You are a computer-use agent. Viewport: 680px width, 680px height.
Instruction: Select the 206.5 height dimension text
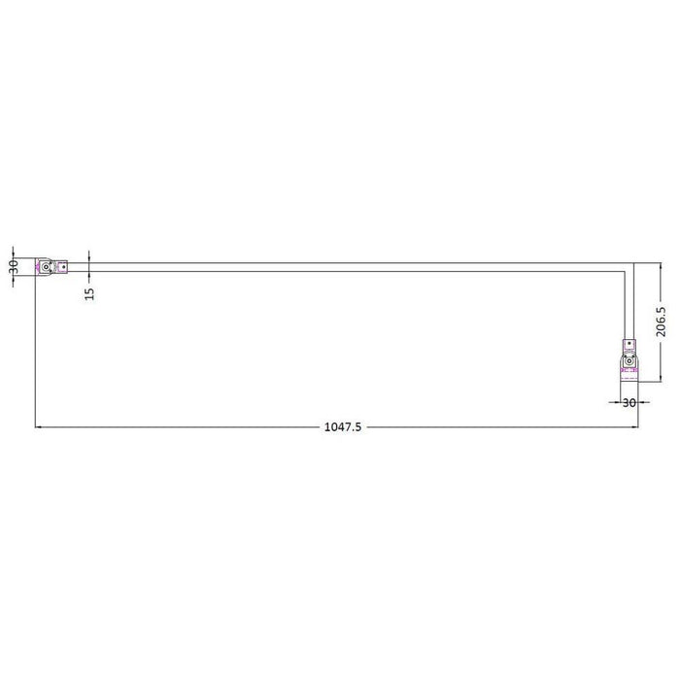(x=662, y=323)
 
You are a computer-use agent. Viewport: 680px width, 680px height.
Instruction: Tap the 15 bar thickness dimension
(x=89, y=290)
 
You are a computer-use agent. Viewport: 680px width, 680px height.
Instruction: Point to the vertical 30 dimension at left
(x=14, y=266)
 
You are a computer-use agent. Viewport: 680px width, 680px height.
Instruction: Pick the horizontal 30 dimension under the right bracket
(x=629, y=401)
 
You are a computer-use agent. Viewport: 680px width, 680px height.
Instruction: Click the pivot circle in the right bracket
(x=629, y=365)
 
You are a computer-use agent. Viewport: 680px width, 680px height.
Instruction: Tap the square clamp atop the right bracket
(x=629, y=345)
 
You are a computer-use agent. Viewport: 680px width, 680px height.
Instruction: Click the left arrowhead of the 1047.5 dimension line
(x=40, y=426)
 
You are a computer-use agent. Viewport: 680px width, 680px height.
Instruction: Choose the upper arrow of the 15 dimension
(x=89, y=257)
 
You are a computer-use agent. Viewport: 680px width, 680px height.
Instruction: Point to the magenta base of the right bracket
(x=629, y=374)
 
